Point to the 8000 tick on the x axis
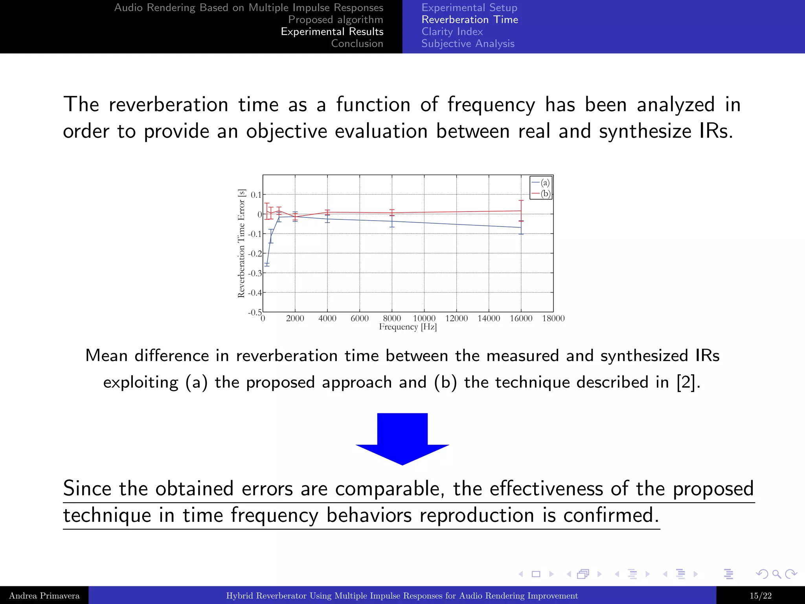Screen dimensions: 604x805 click(x=392, y=318)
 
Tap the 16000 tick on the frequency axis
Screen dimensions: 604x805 click(x=521, y=318)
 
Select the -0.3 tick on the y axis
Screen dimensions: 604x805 click(x=255, y=273)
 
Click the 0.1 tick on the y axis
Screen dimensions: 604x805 click(x=256, y=195)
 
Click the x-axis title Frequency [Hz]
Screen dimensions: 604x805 click(x=408, y=327)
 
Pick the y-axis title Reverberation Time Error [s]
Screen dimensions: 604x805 click(x=241, y=243)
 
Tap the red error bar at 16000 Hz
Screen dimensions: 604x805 click(x=521, y=210)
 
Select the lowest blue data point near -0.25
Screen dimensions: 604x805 click(x=267, y=263)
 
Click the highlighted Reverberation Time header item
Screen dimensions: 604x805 click(x=470, y=20)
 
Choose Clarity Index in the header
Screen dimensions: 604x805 click(x=452, y=31)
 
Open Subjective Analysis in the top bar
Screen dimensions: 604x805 click(x=468, y=44)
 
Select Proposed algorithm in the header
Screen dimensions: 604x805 click(x=335, y=20)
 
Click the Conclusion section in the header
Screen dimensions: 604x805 click(x=357, y=44)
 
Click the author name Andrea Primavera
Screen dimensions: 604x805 click(x=44, y=596)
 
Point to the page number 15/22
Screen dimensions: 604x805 click(x=760, y=596)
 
